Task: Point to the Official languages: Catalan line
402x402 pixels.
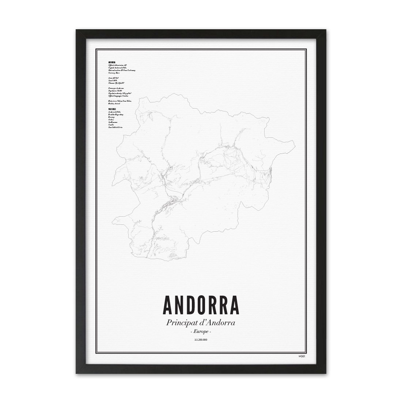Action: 118,96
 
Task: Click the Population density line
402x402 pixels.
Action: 119,93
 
